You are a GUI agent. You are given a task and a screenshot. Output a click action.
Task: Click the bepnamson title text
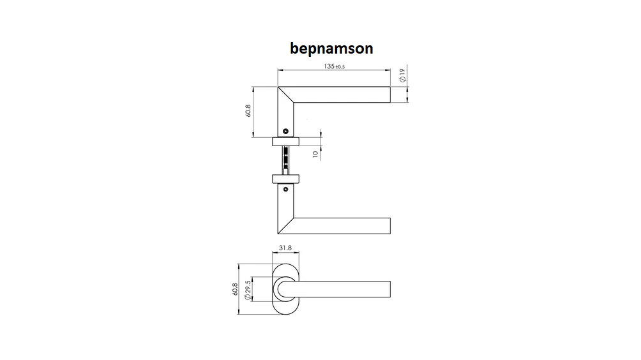point(331,49)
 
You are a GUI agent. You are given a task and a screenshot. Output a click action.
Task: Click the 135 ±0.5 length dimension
point(334,66)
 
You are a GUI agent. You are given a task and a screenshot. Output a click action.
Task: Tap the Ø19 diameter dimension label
point(403,75)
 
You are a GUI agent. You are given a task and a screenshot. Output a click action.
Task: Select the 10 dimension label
point(315,154)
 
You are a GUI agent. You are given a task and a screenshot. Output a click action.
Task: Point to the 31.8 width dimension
point(285,248)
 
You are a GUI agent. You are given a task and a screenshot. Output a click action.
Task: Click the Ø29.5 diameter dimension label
point(247,290)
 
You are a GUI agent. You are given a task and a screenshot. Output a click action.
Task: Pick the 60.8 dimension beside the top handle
point(248,111)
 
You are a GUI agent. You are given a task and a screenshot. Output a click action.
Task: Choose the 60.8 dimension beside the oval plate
point(235,289)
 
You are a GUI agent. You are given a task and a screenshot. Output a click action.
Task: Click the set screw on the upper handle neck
point(286,131)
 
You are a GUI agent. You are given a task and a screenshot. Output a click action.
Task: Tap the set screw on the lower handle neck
point(286,189)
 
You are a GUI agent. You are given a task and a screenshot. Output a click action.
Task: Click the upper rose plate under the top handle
point(286,142)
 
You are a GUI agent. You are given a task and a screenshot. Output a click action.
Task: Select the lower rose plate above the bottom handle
point(286,179)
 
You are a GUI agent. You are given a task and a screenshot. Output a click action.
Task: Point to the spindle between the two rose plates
point(286,160)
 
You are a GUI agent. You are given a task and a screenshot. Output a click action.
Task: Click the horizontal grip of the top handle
point(342,94)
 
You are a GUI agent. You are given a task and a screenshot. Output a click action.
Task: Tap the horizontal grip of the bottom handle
point(342,226)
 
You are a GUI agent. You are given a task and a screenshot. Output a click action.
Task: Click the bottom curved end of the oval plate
point(286,314)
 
